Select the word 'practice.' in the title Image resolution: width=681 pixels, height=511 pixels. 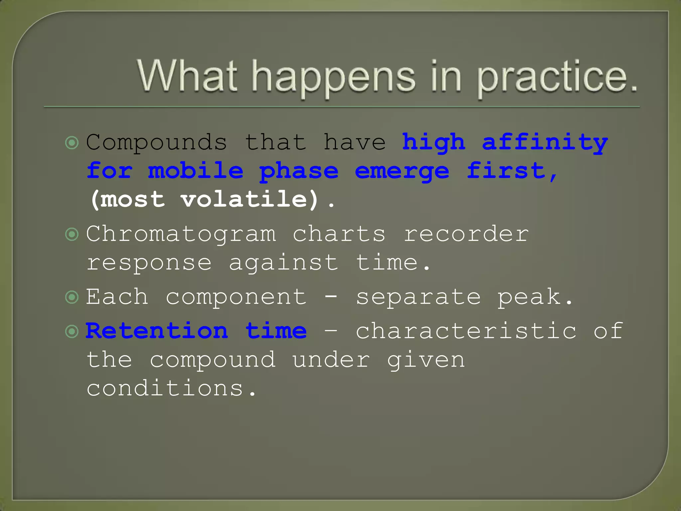tap(557, 77)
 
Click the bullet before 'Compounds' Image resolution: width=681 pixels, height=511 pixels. tap(72, 143)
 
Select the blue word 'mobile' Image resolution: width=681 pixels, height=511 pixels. tap(196, 171)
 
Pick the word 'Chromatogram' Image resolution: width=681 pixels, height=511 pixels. tap(181, 234)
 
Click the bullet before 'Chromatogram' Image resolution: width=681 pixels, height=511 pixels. tap(72, 235)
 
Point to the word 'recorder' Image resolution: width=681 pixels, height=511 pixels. tap(466, 234)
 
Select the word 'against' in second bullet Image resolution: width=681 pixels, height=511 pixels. tap(283, 263)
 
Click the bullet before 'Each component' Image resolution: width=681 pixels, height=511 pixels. tap(72, 297)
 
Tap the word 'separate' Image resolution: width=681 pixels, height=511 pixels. tap(418, 297)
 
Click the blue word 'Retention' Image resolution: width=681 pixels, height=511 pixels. tap(157, 331)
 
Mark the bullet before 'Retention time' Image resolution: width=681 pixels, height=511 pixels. tap(72, 331)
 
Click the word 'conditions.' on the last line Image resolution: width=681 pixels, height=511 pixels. tap(171, 389)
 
